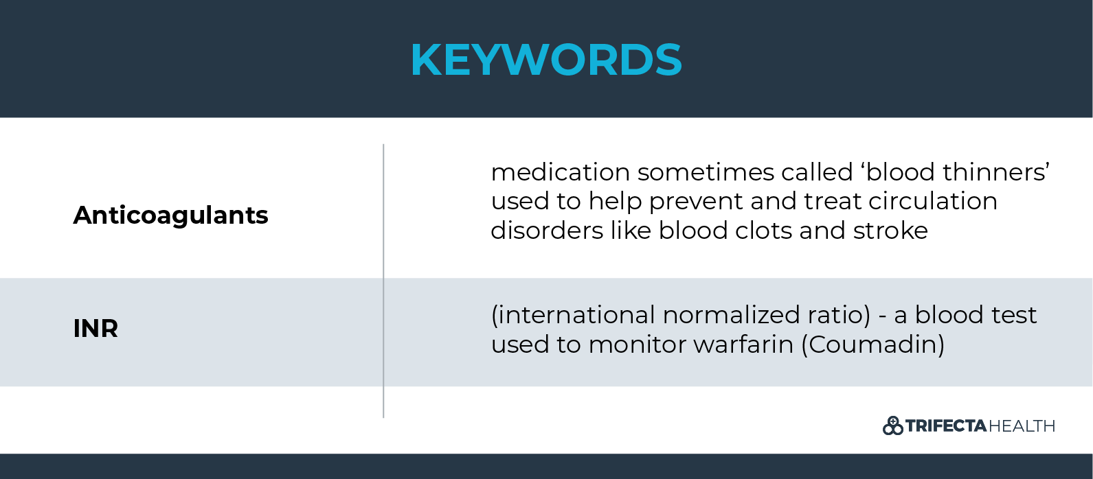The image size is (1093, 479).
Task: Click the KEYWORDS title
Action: [x=546, y=60]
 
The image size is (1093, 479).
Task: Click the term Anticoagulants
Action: [x=170, y=215]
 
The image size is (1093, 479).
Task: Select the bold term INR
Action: [x=95, y=329]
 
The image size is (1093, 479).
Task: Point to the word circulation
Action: [x=932, y=201]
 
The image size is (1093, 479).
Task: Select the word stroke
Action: [x=890, y=231]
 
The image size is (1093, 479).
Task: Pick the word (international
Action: [x=573, y=315]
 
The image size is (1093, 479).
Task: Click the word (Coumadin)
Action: [x=872, y=344]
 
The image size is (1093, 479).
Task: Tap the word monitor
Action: [x=637, y=344]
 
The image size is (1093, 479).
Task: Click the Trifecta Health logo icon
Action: [x=892, y=426]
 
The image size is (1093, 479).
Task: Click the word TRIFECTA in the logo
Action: [x=946, y=426]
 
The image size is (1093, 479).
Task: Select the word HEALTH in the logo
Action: [x=1022, y=426]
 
